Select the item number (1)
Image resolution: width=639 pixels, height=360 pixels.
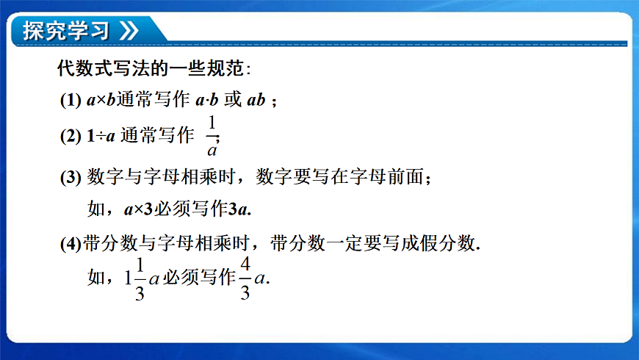[71, 101]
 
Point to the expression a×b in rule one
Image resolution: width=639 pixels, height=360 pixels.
[101, 101]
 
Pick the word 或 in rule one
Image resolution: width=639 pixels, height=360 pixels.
[233, 101]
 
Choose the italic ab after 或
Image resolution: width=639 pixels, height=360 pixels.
[256, 101]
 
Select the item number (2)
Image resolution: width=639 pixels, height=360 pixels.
[71, 137]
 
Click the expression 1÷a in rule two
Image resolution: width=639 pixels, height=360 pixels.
[101, 137]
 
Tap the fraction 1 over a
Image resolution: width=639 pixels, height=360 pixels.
[212, 137]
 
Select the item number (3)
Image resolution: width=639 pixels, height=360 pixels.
[71, 178]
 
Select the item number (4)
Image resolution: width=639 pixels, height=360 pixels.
[72, 244]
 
